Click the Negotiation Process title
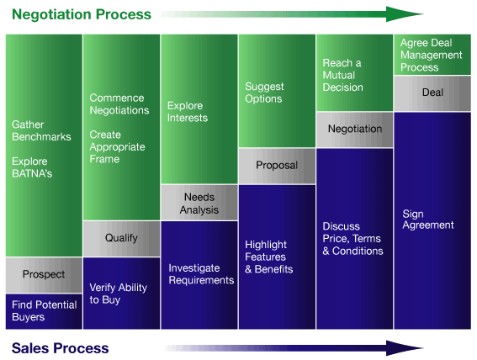click(82, 14)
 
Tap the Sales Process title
click(60, 348)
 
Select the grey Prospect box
click(44, 275)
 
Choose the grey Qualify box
click(121, 238)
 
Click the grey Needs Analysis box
click(199, 202)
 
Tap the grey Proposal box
click(277, 166)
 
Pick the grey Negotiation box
click(355, 130)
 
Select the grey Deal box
click(432, 93)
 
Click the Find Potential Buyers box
click(44, 311)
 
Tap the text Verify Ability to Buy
click(119, 294)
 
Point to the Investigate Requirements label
click(201, 274)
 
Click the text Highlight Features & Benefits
click(269, 257)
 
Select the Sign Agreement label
click(428, 220)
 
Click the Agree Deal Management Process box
click(432, 55)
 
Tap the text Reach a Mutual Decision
click(343, 75)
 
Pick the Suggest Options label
click(264, 93)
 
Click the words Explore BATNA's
click(32, 167)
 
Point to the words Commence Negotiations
click(119, 104)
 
